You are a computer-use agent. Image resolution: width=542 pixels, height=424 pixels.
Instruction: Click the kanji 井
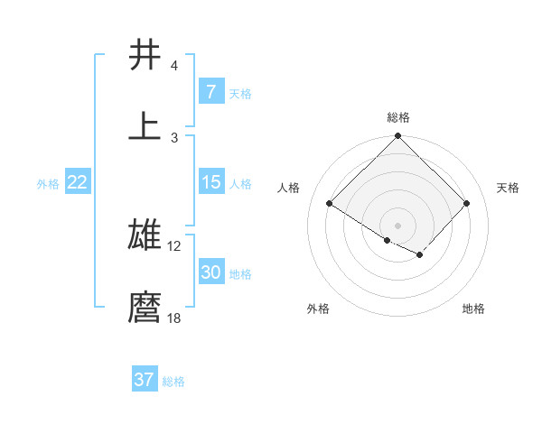tap(145, 56)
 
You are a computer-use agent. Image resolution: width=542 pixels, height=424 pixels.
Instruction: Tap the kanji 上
tap(145, 125)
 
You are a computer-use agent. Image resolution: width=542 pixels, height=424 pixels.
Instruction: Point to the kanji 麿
tap(145, 307)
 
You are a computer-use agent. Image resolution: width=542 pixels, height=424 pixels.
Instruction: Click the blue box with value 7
tap(210, 92)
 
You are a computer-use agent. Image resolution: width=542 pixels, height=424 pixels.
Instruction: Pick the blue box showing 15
tap(210, 182)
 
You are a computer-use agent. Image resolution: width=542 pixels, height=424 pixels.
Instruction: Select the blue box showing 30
tap(210, 272)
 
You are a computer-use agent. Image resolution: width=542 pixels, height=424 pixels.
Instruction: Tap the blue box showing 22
tap(78, 182)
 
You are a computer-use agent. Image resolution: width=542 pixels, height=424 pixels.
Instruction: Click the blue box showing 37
tap(145, 380)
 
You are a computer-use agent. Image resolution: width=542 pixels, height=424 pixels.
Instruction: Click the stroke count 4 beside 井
tap(174, 66)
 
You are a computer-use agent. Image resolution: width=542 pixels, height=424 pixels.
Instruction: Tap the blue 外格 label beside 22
tap(48, 183)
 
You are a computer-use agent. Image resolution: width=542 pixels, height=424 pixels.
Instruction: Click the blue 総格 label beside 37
tap(173, 381)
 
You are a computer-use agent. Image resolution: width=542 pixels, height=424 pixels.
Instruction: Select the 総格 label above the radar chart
tap(397, 117)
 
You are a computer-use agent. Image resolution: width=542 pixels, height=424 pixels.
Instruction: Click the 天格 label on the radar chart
tap(508, 188)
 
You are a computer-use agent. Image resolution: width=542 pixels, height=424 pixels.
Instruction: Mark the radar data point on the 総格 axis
tap(397, 137)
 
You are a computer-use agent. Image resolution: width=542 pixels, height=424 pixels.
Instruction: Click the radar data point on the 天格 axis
tap(466, 204)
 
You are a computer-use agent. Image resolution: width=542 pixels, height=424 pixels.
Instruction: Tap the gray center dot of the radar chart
tap(397, 225)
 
